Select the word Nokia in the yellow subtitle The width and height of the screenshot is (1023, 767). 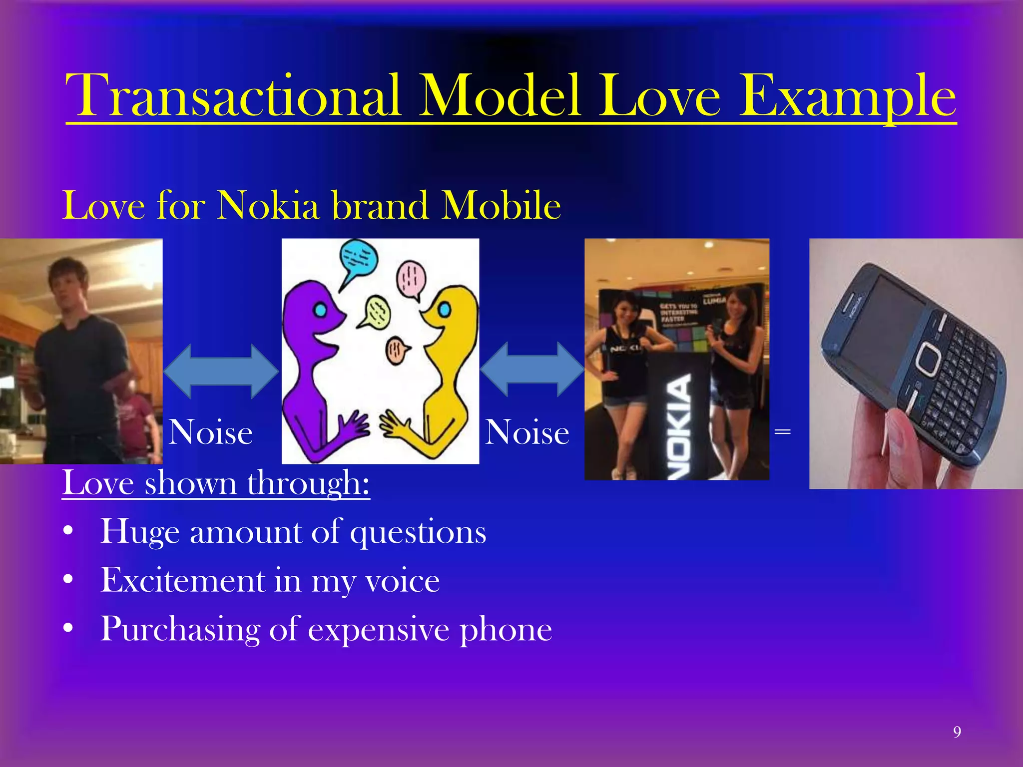pyautogui.click(x=268, y=205)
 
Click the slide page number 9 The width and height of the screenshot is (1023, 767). pyautogui.click(x=957, y=732)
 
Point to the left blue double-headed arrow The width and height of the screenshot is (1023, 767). pyautogui.click(x=221, y=371)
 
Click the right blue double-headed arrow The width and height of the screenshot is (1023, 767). pyautogui.click(x=532, y=370)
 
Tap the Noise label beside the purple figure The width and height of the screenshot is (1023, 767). pyautogui.click(x=210, y=432)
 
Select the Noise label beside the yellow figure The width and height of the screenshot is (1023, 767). pyautogui.click(x=527, y=432)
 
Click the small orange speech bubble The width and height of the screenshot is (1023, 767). pyautogui.click(x=397, y=350)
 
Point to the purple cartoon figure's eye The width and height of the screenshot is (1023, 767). pyautogui.click(x=320, y=311)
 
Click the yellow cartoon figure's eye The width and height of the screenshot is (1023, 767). pyautogui.click(x=444, y=310)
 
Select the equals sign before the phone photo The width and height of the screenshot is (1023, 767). pyautogui.click(x=782, y=431)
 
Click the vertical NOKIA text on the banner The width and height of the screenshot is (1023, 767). pyautogui.click(x=681, y=427)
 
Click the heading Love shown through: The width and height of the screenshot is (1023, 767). pyautogui.click(x=216, y=483)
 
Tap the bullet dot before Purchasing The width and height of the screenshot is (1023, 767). pyautogui.click(x=68, y=629)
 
